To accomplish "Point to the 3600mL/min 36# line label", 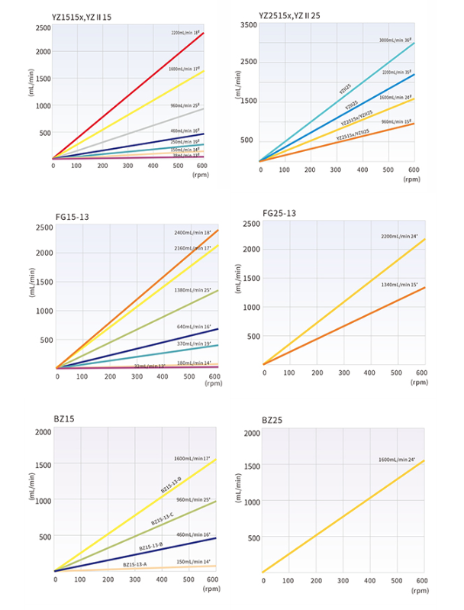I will pos(395,40).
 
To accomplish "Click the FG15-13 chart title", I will pos(72,216).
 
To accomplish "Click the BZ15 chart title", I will pos(64,419).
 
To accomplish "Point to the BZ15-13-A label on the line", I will pos(135,564).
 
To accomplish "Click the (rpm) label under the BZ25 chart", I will pos(420,590).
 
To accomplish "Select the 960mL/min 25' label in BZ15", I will pos(192,499).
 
